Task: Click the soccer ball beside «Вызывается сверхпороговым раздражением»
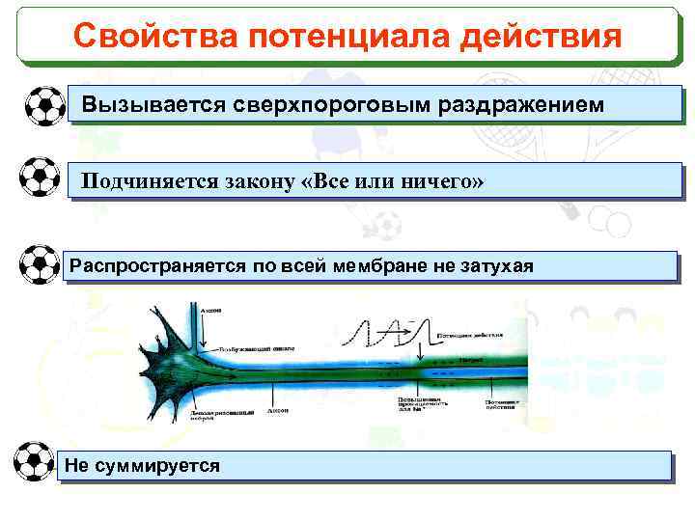42,105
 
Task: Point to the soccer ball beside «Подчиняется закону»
40,177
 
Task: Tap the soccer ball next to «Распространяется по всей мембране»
40,264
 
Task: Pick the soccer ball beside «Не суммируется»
35,462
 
